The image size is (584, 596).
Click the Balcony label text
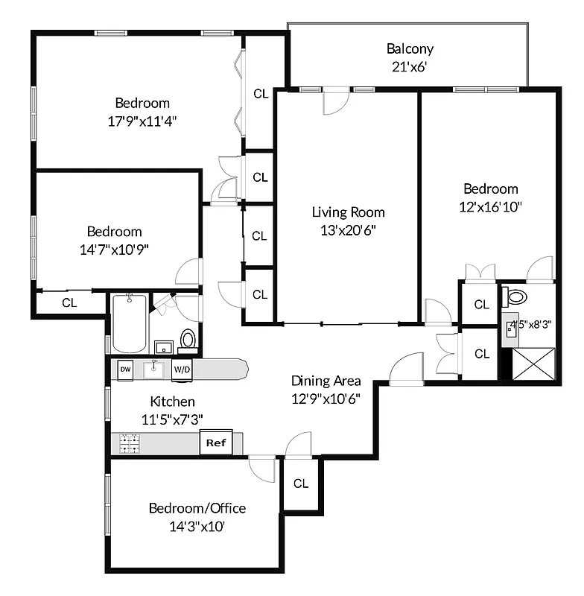pos(410,49)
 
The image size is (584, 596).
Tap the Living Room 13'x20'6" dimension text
pos(348,230)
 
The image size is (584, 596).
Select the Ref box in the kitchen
pos(216,443)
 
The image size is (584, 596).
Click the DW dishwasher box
pos(125,368)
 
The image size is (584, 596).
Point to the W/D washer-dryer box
pos(182,368)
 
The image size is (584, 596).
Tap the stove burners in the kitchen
pos(130,444)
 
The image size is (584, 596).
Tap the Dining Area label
pos(326,381)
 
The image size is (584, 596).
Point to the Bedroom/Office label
pos(197,509)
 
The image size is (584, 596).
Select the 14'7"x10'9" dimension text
pos(114,250)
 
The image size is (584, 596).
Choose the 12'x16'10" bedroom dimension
pos(490,206)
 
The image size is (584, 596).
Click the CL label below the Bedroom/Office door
pos(300,484)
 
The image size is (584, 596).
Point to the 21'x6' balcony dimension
pos(410,67)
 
